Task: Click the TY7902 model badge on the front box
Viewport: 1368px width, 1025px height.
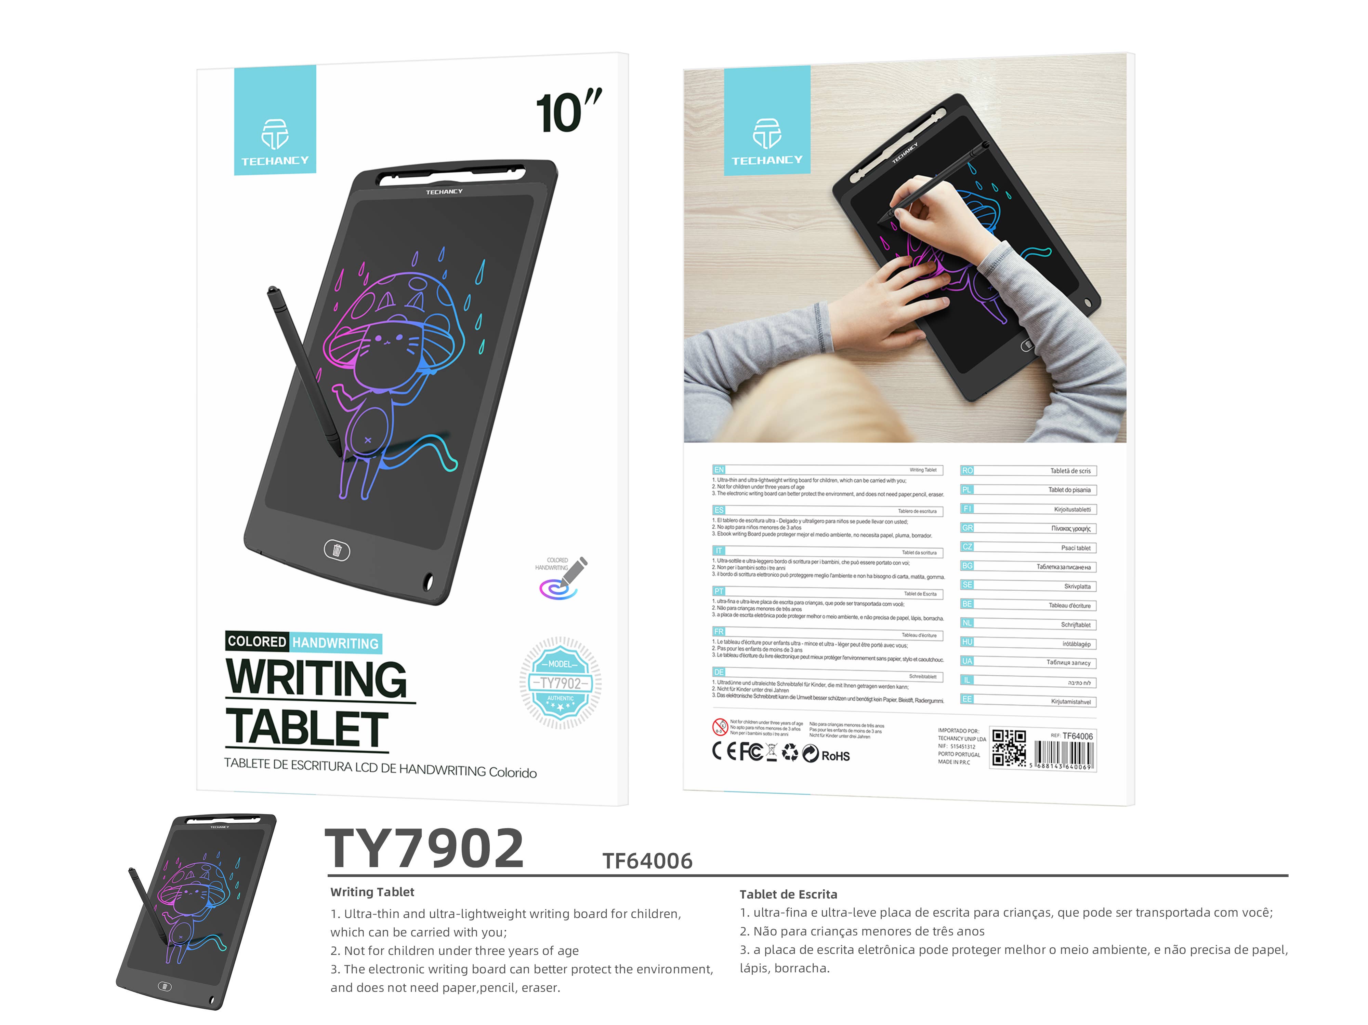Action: tap(560, 683)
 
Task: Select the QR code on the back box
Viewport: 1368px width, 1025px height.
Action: tap(1009, 748)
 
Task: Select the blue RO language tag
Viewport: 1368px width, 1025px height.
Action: tap(967, 471)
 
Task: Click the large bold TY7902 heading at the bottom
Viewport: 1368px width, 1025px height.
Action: tap(424, 849)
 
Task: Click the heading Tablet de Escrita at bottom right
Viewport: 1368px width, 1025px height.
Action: tap(788, 894)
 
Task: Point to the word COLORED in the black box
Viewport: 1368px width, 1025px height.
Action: tap(256, 641)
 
